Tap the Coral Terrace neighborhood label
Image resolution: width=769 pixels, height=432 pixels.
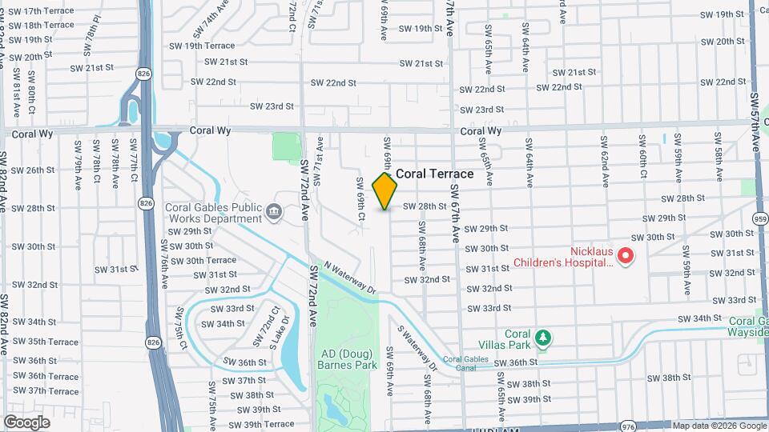point(435,174)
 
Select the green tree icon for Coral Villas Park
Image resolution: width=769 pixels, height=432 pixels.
point(543,338)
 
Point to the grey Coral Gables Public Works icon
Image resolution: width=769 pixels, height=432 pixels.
point(274,212)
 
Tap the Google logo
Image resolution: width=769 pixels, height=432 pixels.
point(26,422)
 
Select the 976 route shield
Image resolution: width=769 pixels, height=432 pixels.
point(628,427)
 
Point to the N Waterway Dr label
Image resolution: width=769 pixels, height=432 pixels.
point(349,278)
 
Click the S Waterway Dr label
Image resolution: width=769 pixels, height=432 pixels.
point(417,345)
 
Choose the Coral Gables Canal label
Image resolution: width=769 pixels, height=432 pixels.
point(465,365)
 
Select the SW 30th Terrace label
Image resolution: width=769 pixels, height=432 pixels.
point(199,260)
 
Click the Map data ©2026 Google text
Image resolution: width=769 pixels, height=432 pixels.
point(719,426)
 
